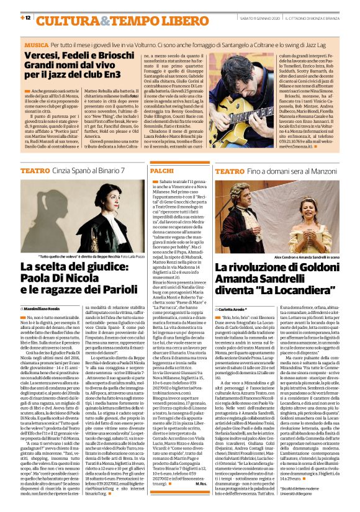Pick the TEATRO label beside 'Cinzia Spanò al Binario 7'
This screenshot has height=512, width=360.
(35, 169)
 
